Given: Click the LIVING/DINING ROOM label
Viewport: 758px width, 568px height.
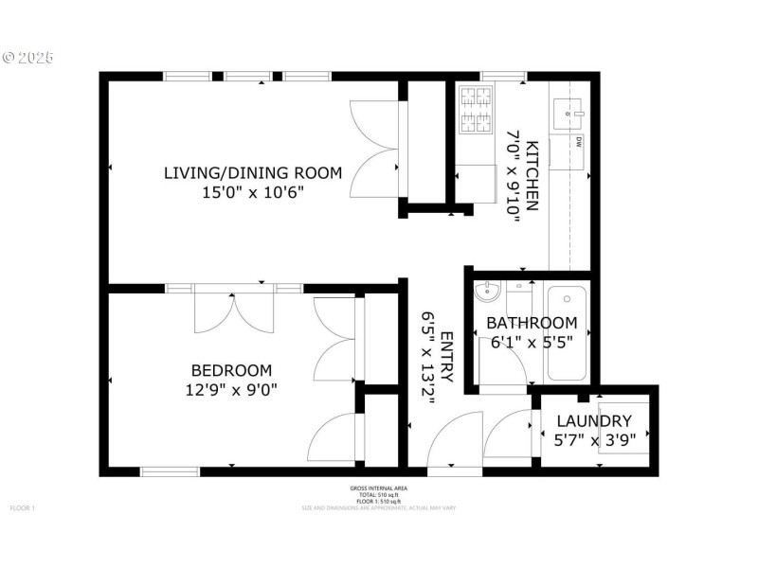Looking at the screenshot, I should coord(252,172).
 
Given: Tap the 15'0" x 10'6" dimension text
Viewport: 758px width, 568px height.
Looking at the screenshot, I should coord(252,192).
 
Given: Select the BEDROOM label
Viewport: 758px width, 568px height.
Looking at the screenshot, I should coord(231,370).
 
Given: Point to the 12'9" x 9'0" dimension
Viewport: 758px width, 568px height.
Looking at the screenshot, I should coord(231,389).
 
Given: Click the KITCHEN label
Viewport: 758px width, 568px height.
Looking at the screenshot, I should coord(532,175).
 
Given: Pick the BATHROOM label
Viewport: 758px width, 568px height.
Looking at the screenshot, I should coord(532,323).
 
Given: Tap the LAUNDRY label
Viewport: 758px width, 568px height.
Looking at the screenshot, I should coord(594,421).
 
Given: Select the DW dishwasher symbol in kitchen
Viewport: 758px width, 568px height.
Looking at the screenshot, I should coord(577,143).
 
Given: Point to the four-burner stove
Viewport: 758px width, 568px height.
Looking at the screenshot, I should coord(476,110).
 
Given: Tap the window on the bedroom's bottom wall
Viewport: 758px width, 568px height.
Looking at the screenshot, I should coord(170,471).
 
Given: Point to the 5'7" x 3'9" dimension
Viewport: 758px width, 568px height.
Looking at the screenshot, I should coord(594,439).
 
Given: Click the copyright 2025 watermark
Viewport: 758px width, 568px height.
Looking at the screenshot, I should coord(27,57).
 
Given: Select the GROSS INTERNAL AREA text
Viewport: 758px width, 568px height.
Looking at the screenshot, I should coord(378,488).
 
